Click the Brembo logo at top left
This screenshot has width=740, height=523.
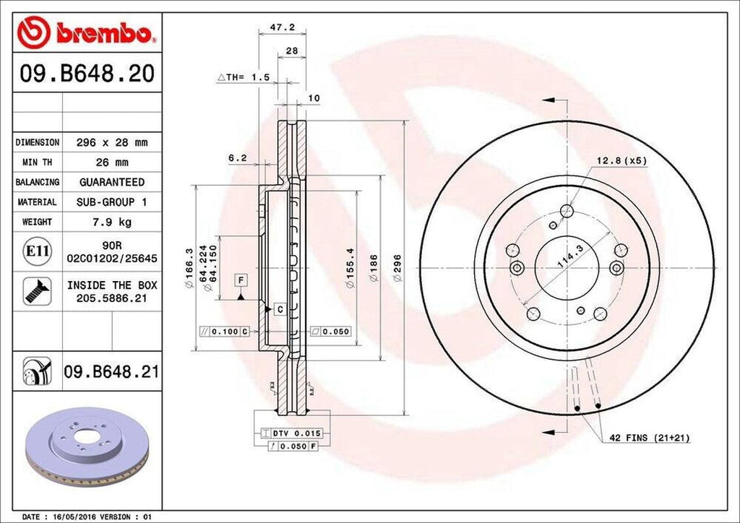click(x=87, y=33)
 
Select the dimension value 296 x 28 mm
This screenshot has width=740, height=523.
click(x=112, y=143)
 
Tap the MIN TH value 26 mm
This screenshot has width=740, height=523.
click(x=112, y=163)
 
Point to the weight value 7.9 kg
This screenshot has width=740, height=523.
click(x=112, y=222)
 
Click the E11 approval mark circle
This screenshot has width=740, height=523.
click(x=38, y=251)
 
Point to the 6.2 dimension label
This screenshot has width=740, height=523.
click(x=238, y=157)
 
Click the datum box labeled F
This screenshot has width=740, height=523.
click(x=239, y=280)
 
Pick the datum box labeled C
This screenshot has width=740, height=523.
click(x=279, y=309)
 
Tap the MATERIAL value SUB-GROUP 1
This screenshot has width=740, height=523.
click(x=112, y=202)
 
